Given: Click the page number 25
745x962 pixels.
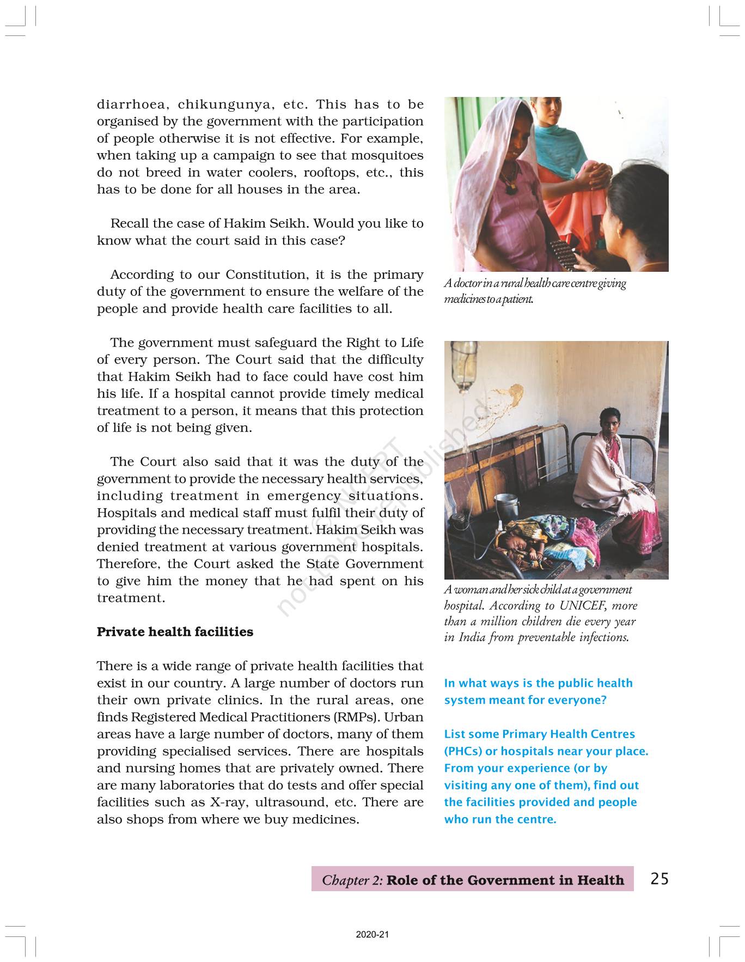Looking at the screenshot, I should pyautogui.click(x=659, y=879).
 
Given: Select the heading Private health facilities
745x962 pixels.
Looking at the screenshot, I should pyautogui.click(x=175, y=632).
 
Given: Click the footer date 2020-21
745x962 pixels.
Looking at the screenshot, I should pyautogui.click(x=373, y=935).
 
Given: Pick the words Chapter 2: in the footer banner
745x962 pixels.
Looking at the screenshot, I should pyautogui.click(x=352, y=880).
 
